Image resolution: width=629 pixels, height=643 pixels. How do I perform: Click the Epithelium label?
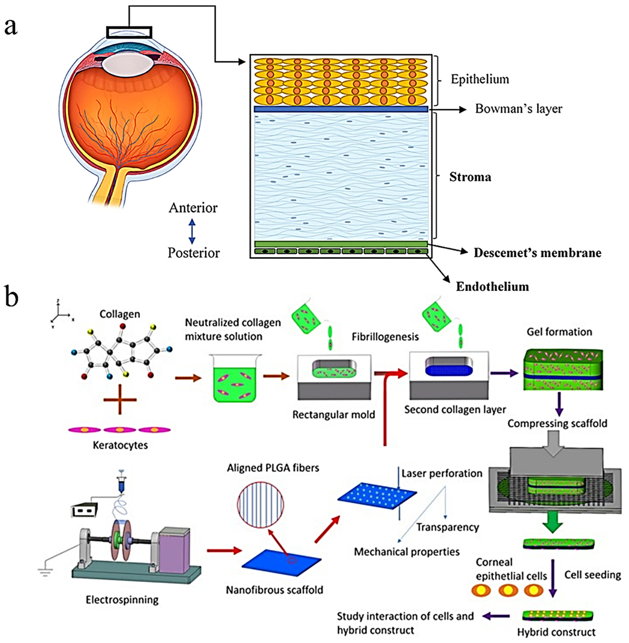point(480,79)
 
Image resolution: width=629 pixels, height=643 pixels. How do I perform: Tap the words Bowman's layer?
point(519,109)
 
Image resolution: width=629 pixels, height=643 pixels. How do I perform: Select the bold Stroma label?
point(470,177)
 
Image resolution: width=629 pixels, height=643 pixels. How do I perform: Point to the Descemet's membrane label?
point(538,253)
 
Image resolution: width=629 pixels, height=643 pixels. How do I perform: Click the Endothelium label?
point(492,286)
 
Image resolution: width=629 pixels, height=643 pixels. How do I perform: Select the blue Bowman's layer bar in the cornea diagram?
point(341,109)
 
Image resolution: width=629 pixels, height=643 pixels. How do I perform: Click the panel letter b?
point(12,296)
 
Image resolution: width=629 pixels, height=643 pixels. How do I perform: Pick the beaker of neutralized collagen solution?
point(235,378)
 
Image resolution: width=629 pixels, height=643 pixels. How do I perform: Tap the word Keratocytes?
point(120,445)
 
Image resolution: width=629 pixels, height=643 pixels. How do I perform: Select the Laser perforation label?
point(442,473)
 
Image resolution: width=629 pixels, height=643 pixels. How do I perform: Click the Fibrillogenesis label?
point(385,337)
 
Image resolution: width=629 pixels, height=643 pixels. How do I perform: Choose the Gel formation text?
point(559,332)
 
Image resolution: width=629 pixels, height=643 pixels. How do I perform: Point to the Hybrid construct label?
point(556,632)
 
